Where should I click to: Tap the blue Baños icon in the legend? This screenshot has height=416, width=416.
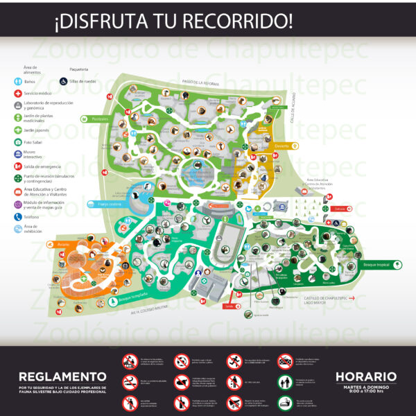tap(17, 82)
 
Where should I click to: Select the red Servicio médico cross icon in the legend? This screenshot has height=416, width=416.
tap(17, 92)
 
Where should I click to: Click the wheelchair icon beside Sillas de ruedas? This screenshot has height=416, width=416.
tap(64, 81)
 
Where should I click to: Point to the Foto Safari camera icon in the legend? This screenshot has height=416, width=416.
tap(17, 142)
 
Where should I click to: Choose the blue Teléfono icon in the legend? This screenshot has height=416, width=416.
tap(17, 216)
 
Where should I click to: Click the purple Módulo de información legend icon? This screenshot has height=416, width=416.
tap(17, 204)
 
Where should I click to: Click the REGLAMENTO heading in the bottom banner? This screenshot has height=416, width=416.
tap(62, 377)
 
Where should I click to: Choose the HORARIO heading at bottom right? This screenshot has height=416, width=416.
tap(366, 377)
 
